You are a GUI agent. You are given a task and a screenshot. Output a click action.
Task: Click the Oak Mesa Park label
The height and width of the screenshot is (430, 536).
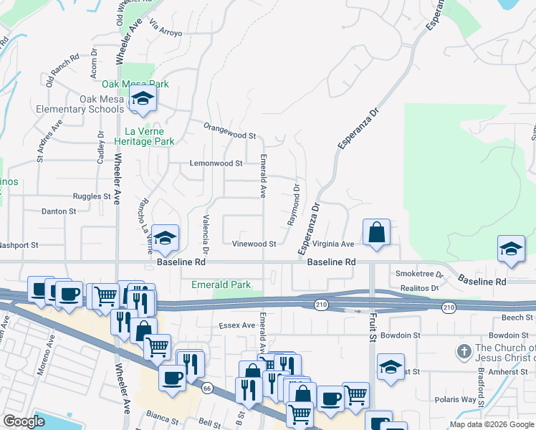(135, 84)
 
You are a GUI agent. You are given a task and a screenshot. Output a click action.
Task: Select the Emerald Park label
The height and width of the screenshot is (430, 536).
(221, 285)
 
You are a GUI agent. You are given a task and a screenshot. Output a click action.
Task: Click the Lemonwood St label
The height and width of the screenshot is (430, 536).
(216, 163)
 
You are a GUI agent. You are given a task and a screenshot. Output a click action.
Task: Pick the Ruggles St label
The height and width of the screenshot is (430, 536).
(92, 196)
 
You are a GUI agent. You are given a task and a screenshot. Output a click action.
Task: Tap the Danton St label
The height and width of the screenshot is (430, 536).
(58, 211)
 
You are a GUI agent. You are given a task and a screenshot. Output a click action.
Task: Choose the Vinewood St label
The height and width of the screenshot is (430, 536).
(254, 244)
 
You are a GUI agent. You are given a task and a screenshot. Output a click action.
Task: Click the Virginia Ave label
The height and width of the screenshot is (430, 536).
(333, 244)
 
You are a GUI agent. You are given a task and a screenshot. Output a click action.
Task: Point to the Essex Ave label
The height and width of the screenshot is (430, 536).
(237, 325)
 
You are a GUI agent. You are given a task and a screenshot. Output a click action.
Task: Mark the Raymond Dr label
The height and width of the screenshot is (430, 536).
(294, 205)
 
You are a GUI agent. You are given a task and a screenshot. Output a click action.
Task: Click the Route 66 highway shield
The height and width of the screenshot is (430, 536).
(208, 388)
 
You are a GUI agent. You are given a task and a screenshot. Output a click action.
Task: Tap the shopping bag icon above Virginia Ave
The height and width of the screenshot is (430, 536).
(376, 232)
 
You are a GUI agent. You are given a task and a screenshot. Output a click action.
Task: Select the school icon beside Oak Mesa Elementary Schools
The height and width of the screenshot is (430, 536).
(143, 100)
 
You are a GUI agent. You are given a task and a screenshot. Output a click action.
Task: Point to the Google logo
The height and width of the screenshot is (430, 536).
(24, 421)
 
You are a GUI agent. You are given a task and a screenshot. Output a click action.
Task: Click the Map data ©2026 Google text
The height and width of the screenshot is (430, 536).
(491, 424)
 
